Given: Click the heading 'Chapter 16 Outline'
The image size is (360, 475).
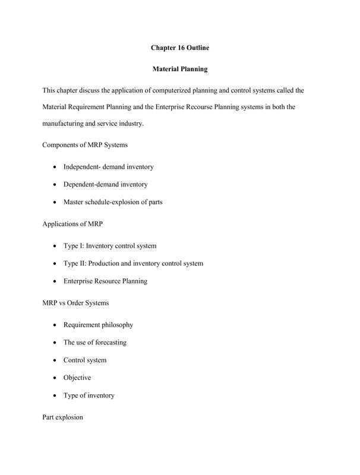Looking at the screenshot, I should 179,47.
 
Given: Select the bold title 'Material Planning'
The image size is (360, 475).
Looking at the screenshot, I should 179,69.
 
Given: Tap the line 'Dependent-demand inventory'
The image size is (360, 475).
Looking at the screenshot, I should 106,185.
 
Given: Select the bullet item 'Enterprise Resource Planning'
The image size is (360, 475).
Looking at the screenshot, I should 106,281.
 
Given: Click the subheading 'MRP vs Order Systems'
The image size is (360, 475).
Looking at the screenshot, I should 76,303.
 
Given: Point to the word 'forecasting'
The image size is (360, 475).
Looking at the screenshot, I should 109,343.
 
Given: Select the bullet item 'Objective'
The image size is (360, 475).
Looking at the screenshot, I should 77,378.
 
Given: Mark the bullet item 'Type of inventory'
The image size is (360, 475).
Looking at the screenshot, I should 89,395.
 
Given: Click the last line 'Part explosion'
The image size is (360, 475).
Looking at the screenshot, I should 63,417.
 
